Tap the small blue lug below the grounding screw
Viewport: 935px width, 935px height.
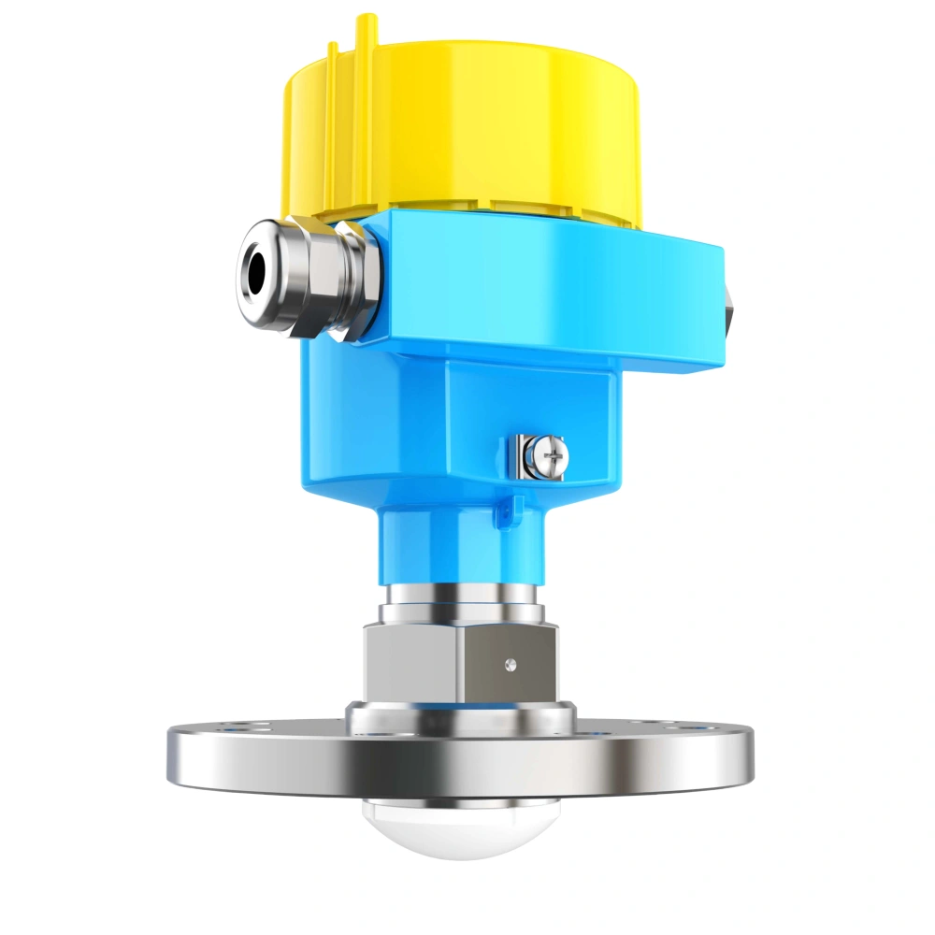pyautogui.click(x=511, y=508)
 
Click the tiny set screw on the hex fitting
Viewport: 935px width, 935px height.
pyautogui.click(x=509, y=665)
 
